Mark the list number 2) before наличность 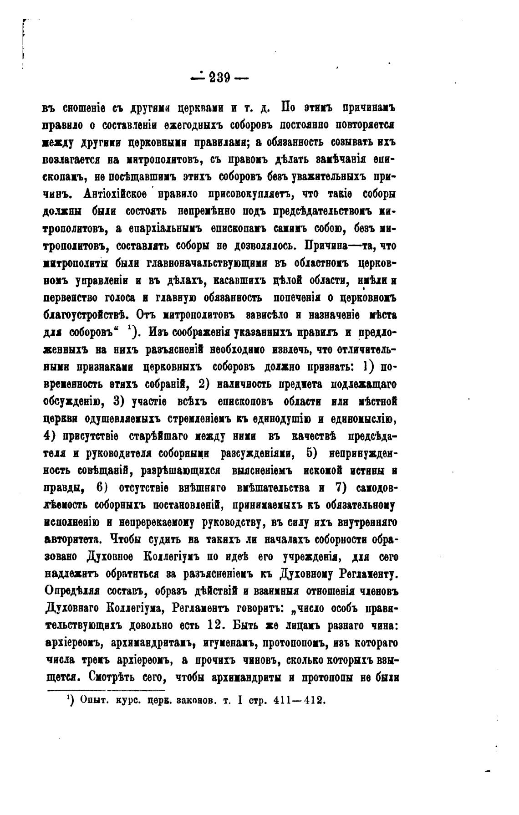point(204,384)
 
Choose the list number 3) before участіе point(118,401)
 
